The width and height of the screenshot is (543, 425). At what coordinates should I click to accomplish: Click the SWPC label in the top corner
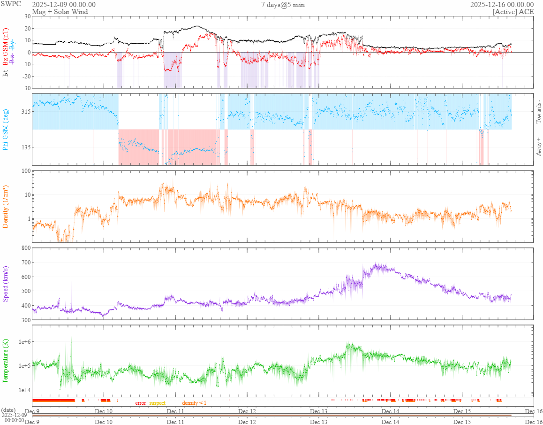click(12, 4)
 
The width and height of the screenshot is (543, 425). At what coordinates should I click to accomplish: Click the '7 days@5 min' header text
click(283, 5)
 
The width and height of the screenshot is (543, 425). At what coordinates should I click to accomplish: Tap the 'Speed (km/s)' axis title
click(6, 284)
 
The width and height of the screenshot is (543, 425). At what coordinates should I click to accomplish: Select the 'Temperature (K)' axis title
click(6, 361)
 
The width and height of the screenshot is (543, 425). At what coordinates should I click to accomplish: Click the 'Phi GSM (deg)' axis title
click(6, 129)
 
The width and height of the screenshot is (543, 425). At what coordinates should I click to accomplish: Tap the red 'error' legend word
click(141, 403)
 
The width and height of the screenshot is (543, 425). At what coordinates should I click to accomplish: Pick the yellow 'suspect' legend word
click(157, 403)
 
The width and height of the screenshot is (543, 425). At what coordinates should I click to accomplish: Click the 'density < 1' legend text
click(194, 403)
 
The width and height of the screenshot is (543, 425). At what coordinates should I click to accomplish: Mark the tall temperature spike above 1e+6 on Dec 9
click(71, 337)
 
